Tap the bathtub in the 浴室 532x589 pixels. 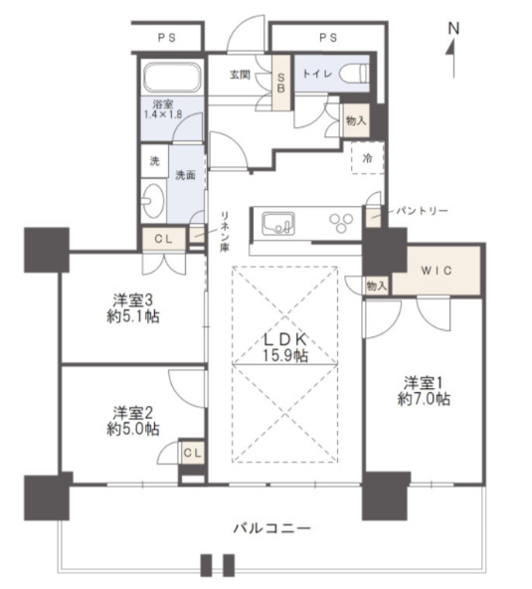point(172,78)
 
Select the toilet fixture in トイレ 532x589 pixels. point(353,73)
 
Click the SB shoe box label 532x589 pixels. point(281,80)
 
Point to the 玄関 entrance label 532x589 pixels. point(240,74)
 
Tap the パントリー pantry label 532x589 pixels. point(424,212)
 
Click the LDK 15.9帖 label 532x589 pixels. point(285,347)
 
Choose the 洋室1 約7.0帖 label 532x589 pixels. point(427,390)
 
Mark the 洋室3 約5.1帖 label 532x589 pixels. point(134,308)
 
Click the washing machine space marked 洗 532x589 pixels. point(154,161)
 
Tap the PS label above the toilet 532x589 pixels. point(327,39)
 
